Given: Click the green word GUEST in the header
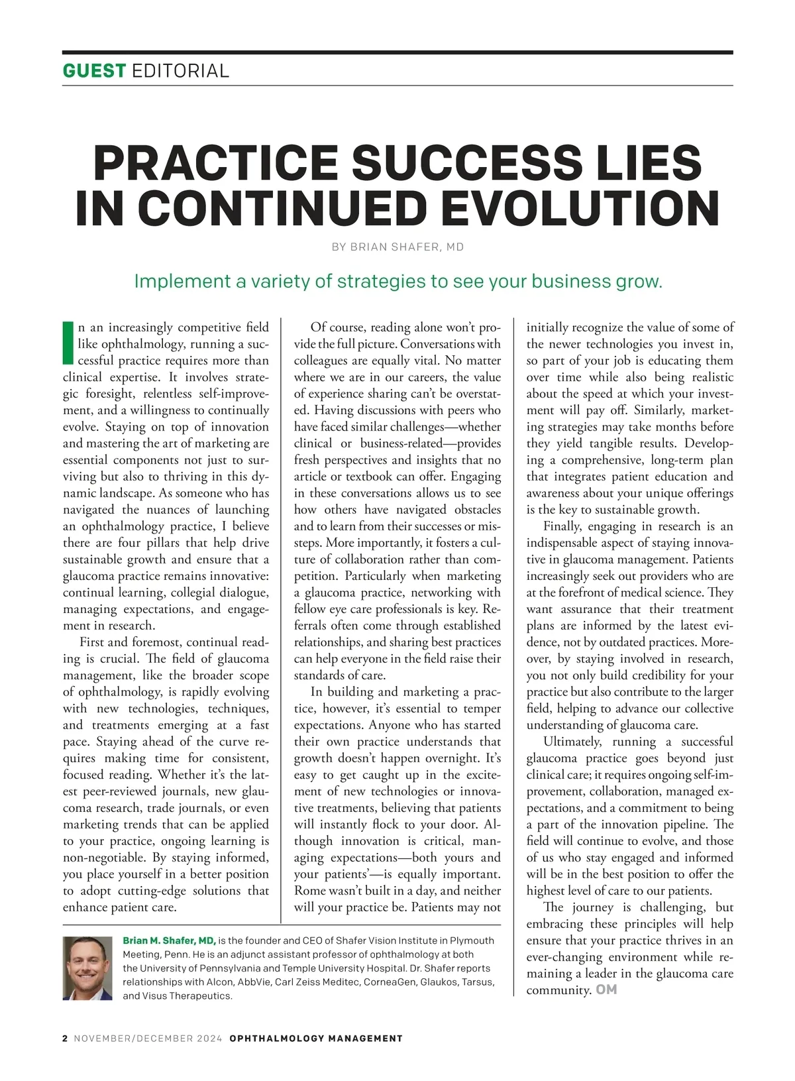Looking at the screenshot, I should click(93, 70).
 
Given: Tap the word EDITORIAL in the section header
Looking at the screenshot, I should click(180, 70).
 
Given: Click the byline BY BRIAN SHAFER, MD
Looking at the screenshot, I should click(397, 247).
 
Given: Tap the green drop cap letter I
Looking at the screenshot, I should click(68, 343).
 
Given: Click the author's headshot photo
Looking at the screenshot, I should click(87, 968).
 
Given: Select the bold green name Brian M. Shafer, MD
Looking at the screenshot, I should click(169, 940).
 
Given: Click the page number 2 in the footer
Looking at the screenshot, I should click(65, 1039).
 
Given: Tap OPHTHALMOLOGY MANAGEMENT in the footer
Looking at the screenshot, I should click(316, 1039).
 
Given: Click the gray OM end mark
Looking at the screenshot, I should click(606, 990).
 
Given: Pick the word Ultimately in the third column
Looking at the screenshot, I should click(572, 742).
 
